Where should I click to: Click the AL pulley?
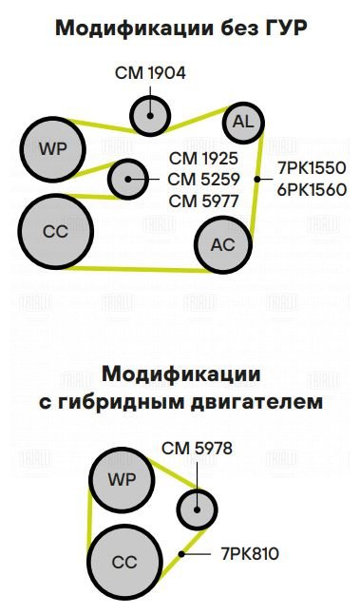[243, 123]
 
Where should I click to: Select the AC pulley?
[223, 244]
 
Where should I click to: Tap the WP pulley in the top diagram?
[53, 149]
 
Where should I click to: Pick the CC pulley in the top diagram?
[55, 231]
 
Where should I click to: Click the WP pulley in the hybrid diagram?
[123, 479]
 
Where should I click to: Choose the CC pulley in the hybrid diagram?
[124, 562]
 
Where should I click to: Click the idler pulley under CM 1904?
[150, 116]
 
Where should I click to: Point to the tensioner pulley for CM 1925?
[128, 180]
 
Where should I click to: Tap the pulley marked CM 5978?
[197, 509]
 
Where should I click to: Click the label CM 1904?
[150, 73]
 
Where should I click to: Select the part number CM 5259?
[203, 180]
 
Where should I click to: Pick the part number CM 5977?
[203, 201]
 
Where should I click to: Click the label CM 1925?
[203, 159]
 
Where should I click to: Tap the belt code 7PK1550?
[313, 168]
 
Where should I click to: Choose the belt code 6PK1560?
[313, 189]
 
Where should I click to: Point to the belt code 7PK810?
[250, 554]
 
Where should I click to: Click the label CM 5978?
[197, 449]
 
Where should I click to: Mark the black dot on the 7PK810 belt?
[181, 554]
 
